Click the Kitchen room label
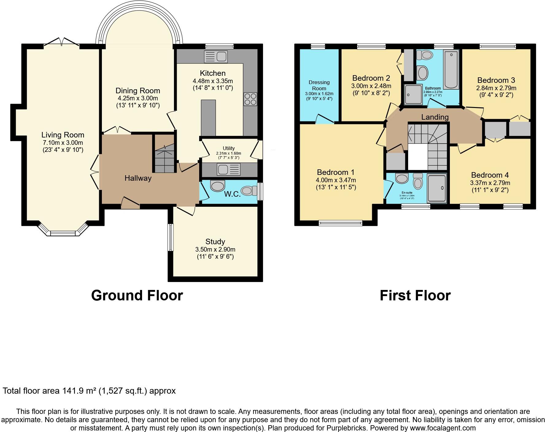point(213,73)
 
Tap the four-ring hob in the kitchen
point(250,99)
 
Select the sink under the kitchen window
point(216,57)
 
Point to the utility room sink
point(229,169)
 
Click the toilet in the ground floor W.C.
point(249,191)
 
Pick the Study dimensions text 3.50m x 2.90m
point(215,249)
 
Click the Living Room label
point(63,135)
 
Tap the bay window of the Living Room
point(63,233)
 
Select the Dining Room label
point(138,91)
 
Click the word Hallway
point(138,178)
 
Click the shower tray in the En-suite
point(437,189)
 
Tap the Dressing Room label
point(319,85)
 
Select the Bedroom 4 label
point(490,175)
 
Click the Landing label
point(435,117)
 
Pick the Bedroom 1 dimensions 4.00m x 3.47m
point(336,180)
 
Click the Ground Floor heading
point(137,295)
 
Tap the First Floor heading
point(415,295)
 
